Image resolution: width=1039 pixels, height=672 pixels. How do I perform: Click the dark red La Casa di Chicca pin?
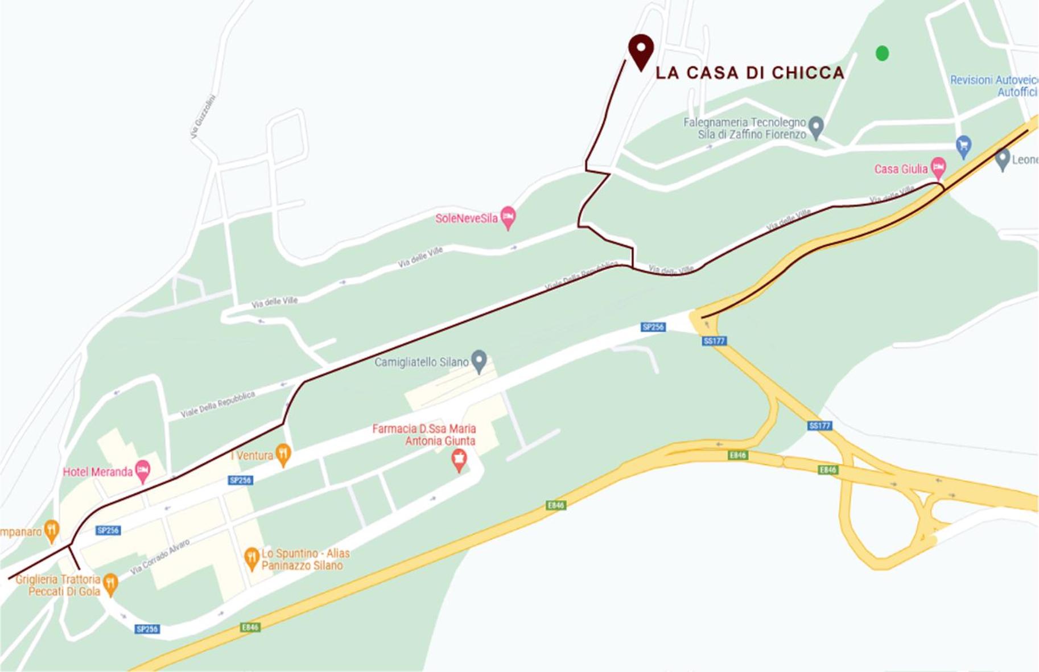click(x=641, y=50)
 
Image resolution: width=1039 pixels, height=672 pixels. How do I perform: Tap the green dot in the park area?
click(x=882, y=53)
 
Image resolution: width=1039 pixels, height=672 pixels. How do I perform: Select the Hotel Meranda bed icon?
click(x=142, y=471)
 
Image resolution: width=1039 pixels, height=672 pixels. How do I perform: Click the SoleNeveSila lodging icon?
click(x=508, y=217)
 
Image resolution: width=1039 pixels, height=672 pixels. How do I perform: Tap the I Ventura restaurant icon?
click(x=283, y=454)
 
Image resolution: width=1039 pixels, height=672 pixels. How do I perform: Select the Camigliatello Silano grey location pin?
click(x=479, y=361)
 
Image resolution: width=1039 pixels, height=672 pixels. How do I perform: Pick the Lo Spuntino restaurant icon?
click(x=251, y=558)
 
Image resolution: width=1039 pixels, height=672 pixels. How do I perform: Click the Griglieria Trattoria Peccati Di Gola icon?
click(x=110, y=583)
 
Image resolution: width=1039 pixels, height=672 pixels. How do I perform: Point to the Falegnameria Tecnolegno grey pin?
click(x=816, y=126)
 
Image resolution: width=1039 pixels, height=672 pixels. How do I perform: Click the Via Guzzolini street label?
click(x=203, y=117)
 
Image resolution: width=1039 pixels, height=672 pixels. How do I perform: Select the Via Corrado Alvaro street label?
click(x=160, y=557)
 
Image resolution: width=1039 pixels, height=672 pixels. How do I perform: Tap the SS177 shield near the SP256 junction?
click(x=714, y=341)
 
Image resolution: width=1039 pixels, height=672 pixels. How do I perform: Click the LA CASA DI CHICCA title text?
click(x=750, y=73)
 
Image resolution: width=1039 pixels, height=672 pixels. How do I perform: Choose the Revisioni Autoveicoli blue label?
click(x=993, y=85)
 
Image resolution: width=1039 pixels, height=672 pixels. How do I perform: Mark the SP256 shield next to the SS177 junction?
click(x=653, y=327)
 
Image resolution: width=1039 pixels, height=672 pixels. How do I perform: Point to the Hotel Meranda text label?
click(x=97, y=472)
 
